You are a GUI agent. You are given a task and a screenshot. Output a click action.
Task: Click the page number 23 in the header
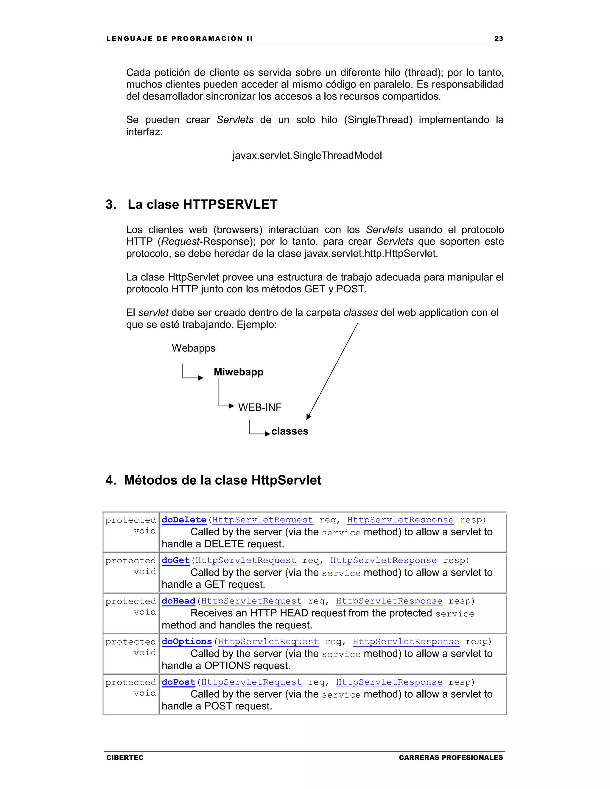(498, 39)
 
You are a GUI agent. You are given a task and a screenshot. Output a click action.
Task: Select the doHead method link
(178, 601)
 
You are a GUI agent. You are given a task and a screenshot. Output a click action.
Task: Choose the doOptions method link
(186, 641)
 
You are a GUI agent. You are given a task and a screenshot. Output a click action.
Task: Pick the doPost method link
(178, 682)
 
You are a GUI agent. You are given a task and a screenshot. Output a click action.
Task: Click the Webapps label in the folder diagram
(193, 348)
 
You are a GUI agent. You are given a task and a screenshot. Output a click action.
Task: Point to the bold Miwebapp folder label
(239, 372)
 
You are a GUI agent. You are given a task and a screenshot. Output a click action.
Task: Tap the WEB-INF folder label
(259, 408)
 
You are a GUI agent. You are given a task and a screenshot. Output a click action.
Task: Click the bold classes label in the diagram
(290, 431)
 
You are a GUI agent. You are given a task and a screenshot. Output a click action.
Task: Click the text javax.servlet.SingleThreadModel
(307, 156)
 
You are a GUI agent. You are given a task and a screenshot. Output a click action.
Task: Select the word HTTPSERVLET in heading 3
(230, 205)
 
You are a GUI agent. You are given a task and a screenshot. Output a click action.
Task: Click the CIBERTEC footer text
(125, 757)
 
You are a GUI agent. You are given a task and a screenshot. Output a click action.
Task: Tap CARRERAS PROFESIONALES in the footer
(451, 757)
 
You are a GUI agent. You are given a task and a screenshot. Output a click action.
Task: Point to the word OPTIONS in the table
(227, 666)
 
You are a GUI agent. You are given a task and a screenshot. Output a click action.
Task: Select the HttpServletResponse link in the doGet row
(383, 560)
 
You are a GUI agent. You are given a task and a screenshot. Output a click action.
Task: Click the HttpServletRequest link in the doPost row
(251, 682)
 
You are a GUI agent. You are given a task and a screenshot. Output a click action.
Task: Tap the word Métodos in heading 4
(150, 481)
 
